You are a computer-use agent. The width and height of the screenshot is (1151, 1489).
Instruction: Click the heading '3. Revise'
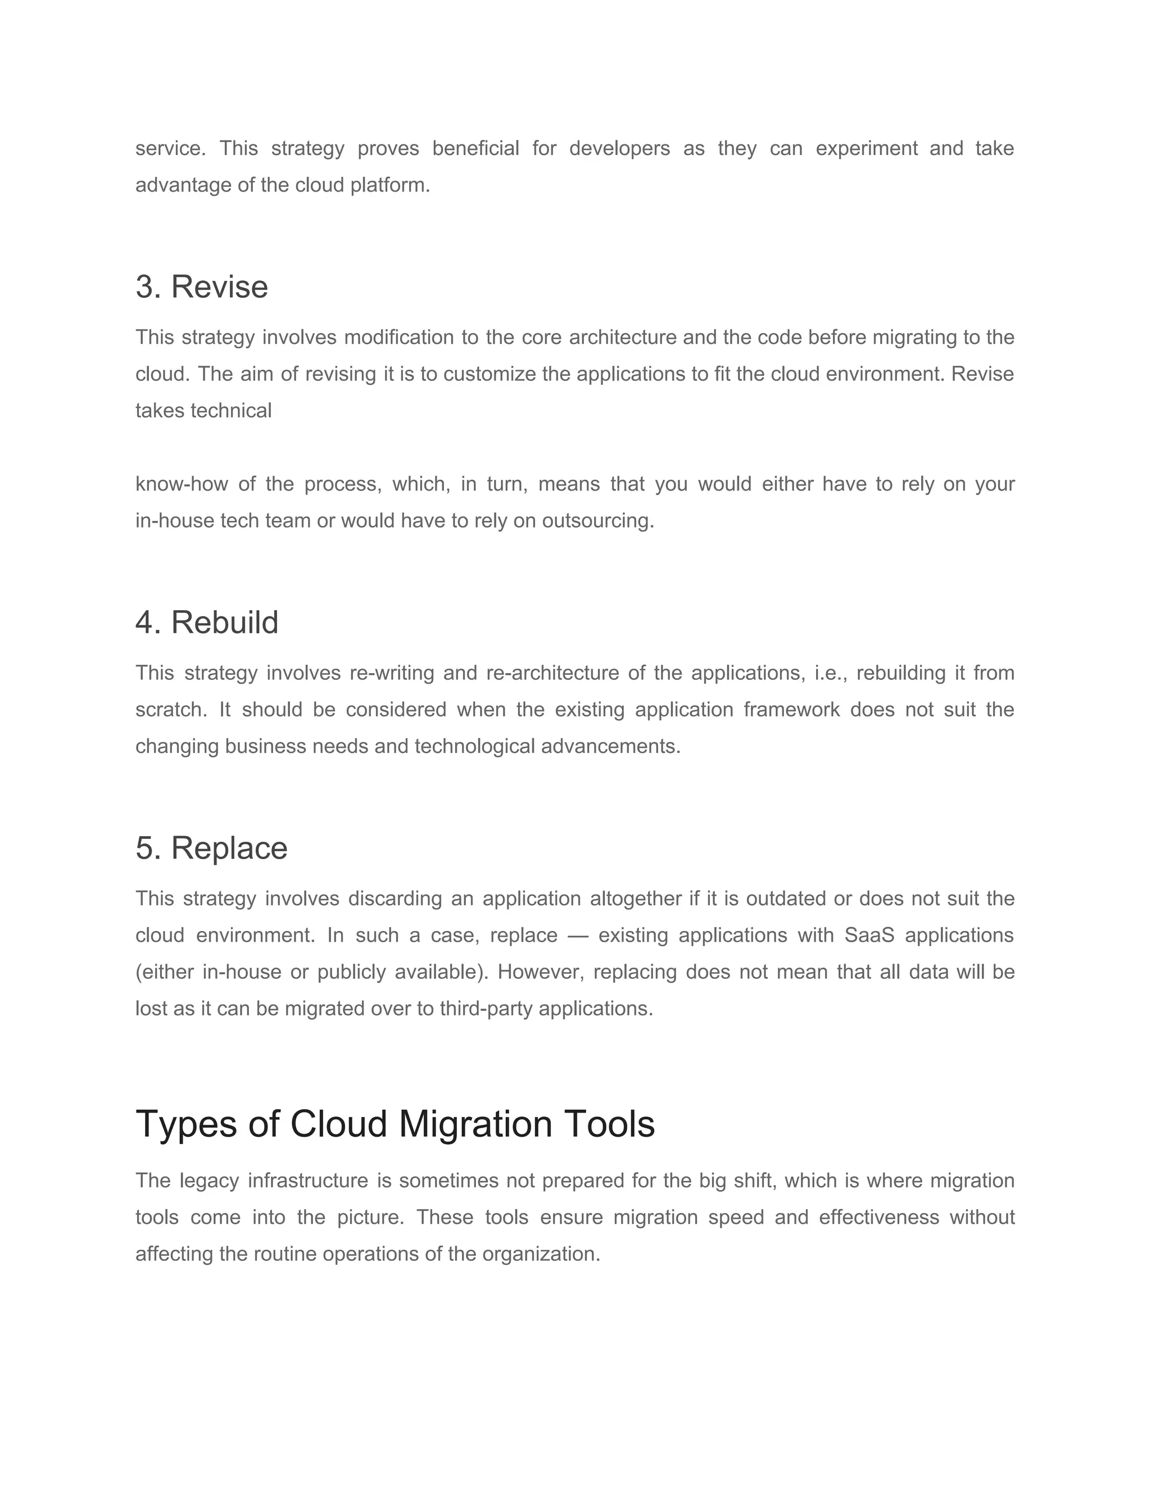(x=201, y=287)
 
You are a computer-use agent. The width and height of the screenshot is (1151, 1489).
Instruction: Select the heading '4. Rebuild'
(x=207, y=622)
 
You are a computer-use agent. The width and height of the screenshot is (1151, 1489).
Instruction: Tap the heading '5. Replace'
(x=211, y=847)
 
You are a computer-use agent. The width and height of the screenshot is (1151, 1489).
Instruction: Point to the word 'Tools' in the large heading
(x=609, y=1124)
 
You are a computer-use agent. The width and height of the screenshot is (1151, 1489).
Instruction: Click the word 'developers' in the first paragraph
(x=619, y=149)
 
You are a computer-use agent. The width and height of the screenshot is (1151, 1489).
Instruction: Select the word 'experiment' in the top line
(x=866, y=149)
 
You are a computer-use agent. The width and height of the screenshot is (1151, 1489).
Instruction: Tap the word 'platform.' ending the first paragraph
(x=390, y=185)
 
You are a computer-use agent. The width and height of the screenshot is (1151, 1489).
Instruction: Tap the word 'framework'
(x=791, y=710)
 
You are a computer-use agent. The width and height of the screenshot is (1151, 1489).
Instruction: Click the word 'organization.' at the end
(x=541, y=1255)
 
